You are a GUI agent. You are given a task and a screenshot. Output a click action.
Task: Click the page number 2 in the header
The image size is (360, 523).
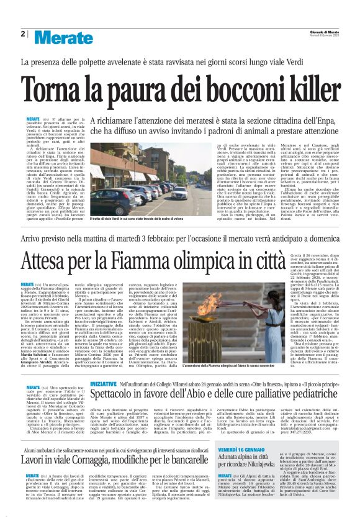click(x=22, y=34)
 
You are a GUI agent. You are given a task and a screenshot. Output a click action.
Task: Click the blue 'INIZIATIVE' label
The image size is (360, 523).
click(x=106, y=367)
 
